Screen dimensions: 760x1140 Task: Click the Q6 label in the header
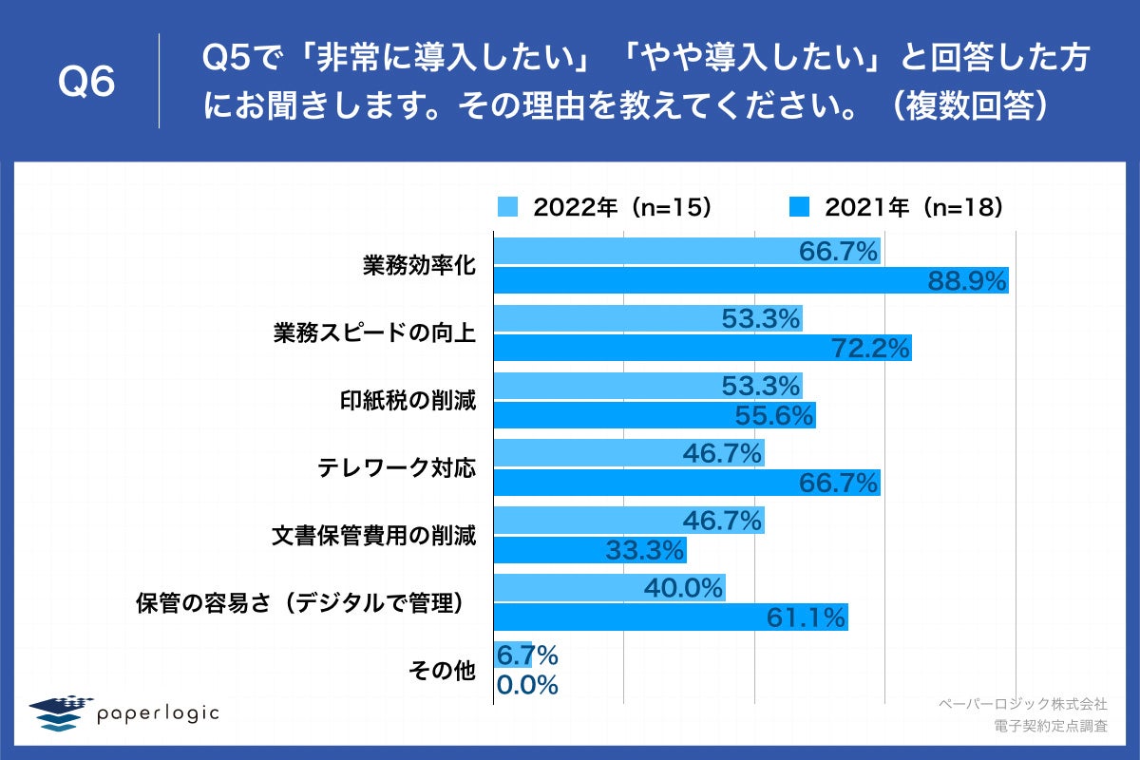click(x=86, y=83)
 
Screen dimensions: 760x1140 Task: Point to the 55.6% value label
click(x=775, y=415)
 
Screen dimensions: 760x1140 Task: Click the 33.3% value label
click(x=645, y=550)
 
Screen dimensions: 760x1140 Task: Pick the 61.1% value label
click(x=806, y=617)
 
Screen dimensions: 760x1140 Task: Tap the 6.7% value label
click(x=526, y=655)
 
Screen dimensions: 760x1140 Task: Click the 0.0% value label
click(x=526, y=685)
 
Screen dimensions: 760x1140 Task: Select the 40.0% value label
click(x=684, y=588)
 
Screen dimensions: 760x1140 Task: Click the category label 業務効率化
click(x=419, y=265)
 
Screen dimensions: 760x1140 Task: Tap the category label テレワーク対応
click(x=396, y=468)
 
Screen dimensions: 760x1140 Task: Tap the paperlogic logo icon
click(x=58, y=713)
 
